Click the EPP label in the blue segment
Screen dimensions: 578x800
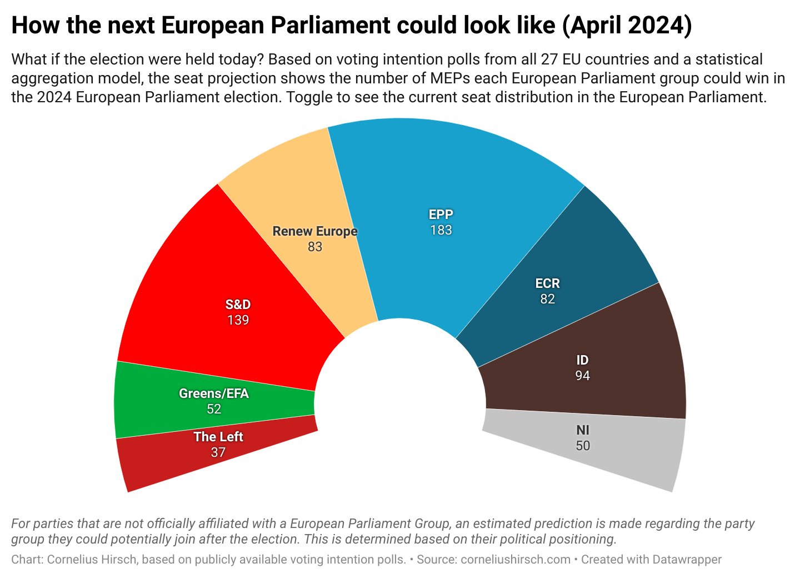click(441, 215)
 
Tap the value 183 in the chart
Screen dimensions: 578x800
click(441, 230)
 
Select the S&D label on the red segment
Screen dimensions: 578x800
click(238, 305)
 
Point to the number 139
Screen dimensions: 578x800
click(238, 320)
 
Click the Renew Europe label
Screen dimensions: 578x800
click(314, 231)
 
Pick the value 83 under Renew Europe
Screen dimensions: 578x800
click(314, 247)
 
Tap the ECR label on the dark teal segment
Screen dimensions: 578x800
click(547, 283)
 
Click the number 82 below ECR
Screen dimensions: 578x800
click(547, 299)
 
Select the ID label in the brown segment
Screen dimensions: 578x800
click(582, 360)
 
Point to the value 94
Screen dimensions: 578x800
click(582, 376)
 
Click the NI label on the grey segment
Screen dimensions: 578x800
click(583, 430)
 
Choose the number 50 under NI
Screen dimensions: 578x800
click(583, 446)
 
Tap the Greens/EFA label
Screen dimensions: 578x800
click(213, 393)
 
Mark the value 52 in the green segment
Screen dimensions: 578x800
click(213, 409)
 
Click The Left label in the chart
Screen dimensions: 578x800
click(218, 437)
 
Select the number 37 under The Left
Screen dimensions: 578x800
click(218, 452)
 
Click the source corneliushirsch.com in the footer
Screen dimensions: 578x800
click(515, 560)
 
